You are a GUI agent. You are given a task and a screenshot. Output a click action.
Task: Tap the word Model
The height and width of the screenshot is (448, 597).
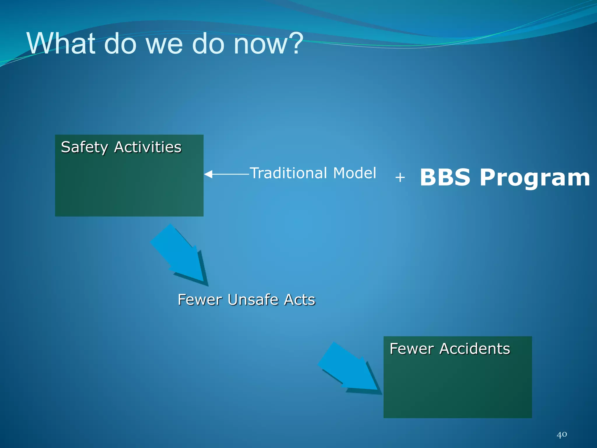[354, 173]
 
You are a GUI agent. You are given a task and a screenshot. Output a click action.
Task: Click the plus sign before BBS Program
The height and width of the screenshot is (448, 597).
[400, 177]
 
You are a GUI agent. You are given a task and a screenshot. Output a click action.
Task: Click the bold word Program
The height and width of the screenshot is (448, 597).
[535, 178]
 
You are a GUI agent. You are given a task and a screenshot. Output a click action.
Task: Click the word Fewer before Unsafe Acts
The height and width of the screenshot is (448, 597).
[200, 300]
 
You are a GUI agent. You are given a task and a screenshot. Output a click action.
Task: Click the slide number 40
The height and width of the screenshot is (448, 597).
[562, 435]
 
